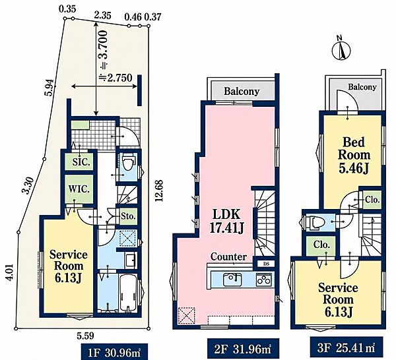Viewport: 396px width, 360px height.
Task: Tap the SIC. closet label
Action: tap(81, 162)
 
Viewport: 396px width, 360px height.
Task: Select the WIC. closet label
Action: tap(79, 189)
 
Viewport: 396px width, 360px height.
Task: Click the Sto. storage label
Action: tap(129, 216)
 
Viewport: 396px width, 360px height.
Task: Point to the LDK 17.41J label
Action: tap(226, 221)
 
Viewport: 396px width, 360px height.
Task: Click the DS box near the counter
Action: tap(266, 264)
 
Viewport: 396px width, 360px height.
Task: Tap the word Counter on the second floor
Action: tap(228, 257)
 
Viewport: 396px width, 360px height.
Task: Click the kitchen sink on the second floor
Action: tap(232, 280)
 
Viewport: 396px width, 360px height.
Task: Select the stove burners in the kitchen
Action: tap(264, 280)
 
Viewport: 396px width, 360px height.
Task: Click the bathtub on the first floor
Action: tap(128, 293)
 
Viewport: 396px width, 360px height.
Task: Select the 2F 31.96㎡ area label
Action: tap(243, 349)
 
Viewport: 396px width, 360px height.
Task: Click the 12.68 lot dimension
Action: tap(159, 190)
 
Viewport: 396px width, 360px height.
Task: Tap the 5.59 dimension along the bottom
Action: tap(85, 336)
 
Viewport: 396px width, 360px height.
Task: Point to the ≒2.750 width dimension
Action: tap(116, 78)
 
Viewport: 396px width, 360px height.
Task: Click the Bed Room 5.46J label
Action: tap(354, 155)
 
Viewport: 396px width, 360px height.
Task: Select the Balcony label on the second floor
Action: tap(242, 91)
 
